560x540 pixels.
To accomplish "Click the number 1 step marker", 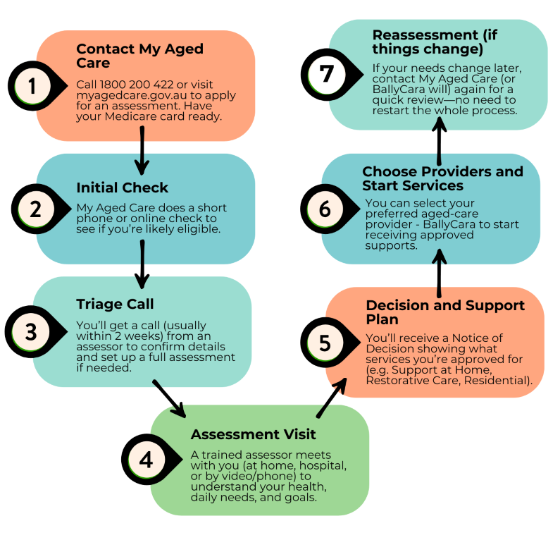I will (32, 86).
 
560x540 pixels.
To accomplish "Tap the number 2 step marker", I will (32, 209).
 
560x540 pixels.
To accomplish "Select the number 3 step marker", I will (32, 332).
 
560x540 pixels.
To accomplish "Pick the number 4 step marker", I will (146, 460).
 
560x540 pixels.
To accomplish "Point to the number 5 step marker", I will (325, 343).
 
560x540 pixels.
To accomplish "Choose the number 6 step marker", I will (325, 209).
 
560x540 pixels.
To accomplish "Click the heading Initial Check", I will (122, 188).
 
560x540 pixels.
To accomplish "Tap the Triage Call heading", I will (115, 304).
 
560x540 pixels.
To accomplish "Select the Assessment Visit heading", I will (253, 434).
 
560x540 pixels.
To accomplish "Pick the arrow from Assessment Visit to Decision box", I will (331, 398).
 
